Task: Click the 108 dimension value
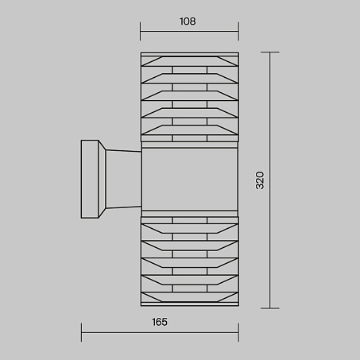click(x=188, y=21)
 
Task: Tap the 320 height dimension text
click(x=260, y=180)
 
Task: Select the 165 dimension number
click(x=160, y=322)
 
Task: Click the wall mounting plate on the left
click(x=90, y=180)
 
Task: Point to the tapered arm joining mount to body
click(x=123, y=180)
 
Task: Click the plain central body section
click(x=190, y=180)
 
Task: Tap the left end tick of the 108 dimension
click(x=141, y=31)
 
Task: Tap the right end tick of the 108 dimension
click(x=238, y=31)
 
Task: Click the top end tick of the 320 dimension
click(x=270, y=52)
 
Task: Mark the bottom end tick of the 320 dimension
click(x=270, y=308)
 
